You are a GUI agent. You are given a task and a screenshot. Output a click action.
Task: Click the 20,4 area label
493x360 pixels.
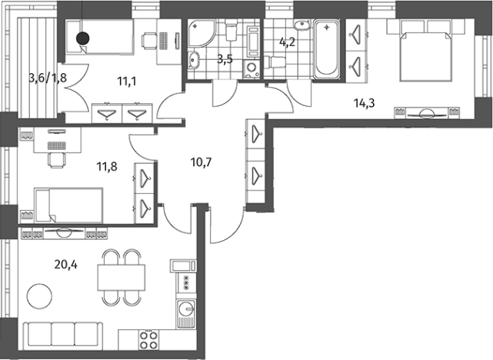(x=65, y=265)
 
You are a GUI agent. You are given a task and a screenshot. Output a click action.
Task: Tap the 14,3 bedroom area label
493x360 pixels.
(x=365, y=103)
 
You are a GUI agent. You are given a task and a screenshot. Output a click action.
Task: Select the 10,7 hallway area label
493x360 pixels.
(x=202, y=162)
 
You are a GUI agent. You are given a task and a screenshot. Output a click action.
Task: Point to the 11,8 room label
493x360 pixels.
(x=107, y=166)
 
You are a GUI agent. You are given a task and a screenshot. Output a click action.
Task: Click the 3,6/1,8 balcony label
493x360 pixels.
(x=48, y=78)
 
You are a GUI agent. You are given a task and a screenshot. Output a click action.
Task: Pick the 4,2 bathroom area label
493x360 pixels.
(x=288, y=42)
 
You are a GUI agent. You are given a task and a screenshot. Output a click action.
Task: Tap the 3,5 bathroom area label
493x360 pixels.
(x=225, y=58)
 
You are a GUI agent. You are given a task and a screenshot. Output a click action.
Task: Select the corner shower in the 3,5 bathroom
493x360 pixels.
(x=202, y=35)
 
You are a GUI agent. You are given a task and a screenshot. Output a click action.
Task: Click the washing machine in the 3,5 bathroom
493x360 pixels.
(x=251, y=68)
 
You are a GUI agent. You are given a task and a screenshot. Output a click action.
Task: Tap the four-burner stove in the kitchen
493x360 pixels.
(x=148, y=340)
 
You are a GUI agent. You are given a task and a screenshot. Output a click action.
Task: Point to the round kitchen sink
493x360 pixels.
(x=186, y=309)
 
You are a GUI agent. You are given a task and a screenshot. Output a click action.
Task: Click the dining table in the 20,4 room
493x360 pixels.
(x=122, y=278)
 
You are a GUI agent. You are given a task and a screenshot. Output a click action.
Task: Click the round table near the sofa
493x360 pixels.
(x=40, y=296)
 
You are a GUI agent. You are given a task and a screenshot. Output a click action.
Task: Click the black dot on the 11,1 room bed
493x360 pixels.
(x=83, y=38)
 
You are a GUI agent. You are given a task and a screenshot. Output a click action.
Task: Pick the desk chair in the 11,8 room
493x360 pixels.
(x=57, y=160)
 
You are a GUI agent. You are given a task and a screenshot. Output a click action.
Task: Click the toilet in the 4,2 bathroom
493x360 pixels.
(x=275, y=62)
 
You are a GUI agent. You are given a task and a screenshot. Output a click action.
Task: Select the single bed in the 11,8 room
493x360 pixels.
(x=68, y=205)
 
